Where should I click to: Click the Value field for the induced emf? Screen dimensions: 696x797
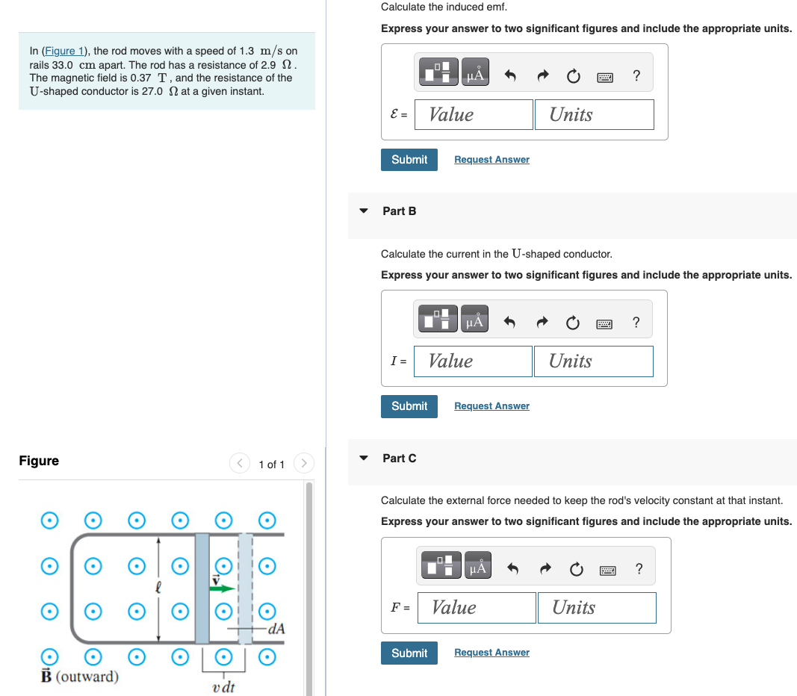coord(474,114)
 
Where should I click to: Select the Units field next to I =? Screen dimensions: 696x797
coord(593,361)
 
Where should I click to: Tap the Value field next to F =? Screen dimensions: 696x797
coord(477,608)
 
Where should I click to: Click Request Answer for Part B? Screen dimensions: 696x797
coord(491,406)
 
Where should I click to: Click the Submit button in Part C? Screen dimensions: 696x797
coord(409,653)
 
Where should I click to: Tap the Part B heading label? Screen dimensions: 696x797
coord(400,211)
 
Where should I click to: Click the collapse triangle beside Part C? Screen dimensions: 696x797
coord(364,459)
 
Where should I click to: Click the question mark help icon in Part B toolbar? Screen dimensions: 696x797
coord(636,323)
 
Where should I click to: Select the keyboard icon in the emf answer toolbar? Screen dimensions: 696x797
coord(604,76)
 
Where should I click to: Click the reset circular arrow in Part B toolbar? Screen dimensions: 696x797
coord(572,323)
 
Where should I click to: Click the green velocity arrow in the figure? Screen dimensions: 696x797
coord(222,588)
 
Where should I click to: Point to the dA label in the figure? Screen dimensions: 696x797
coord(276,629)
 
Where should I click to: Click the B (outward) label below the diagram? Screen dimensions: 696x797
coord(79,677)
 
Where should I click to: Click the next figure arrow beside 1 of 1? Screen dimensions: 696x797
coord(303,464)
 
